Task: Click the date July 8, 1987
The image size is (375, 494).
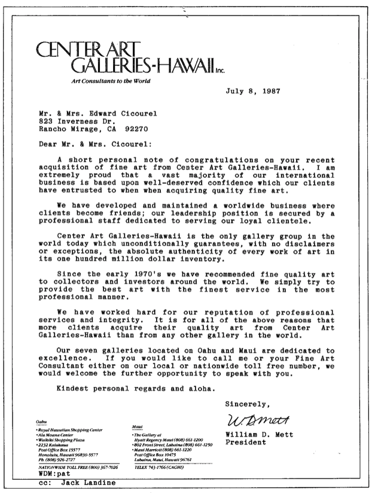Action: (257, 92)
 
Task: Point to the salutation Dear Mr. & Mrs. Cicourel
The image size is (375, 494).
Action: (94, 144)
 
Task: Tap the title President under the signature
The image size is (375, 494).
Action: (247, 443)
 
